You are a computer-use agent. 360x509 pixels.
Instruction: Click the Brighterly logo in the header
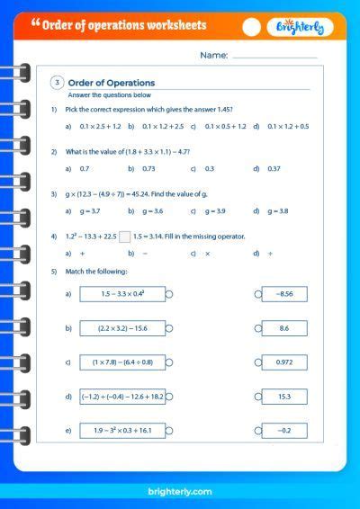pyautogui.click(x=301, y=27)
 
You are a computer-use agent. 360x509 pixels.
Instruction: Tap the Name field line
pyautogui.click(x=274, y=57)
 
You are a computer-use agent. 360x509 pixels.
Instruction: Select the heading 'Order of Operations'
pyautogui.click(x=112, y=83)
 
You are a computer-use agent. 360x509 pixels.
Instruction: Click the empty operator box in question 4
pyautogui.click(x=125, y=237)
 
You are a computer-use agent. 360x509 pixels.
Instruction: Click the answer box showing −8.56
pyautogui.click(x=284, y=293)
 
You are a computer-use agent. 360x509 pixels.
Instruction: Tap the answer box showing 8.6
pyautogui.click(x=284, y=328)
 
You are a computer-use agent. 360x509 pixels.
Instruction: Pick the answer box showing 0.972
pyautogui.click(x=284, y=362)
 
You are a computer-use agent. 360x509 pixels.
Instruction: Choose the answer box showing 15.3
pyautogui.click(x=284, y=397)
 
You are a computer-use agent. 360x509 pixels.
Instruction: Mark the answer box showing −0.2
pyautogui.click(x=284, y=431)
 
